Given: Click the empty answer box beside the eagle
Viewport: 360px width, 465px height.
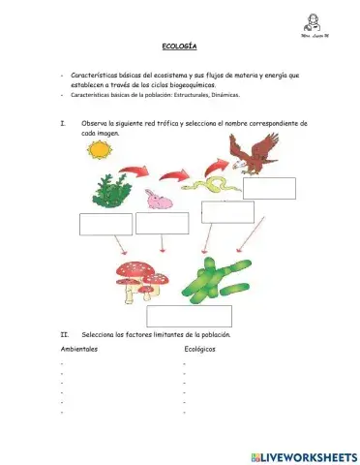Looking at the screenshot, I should point(269,188).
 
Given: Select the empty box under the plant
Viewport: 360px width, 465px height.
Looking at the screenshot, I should point(105,224).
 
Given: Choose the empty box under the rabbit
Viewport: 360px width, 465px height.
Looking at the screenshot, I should point(163,224).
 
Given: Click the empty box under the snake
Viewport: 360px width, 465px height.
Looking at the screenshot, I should point(227,212).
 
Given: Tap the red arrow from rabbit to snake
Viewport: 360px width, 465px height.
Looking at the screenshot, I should point(175,175).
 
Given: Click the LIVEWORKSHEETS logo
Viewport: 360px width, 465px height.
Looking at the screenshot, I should point(303,455).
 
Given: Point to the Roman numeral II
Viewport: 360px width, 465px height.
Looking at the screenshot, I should point(63,333).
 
